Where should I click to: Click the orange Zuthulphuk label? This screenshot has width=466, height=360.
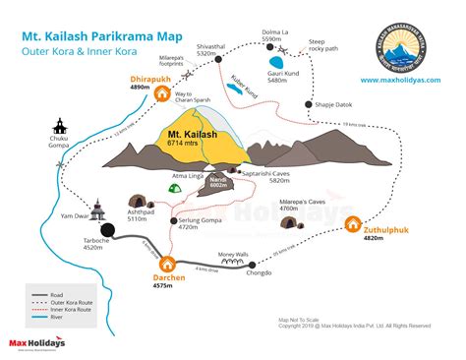(386, 228)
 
